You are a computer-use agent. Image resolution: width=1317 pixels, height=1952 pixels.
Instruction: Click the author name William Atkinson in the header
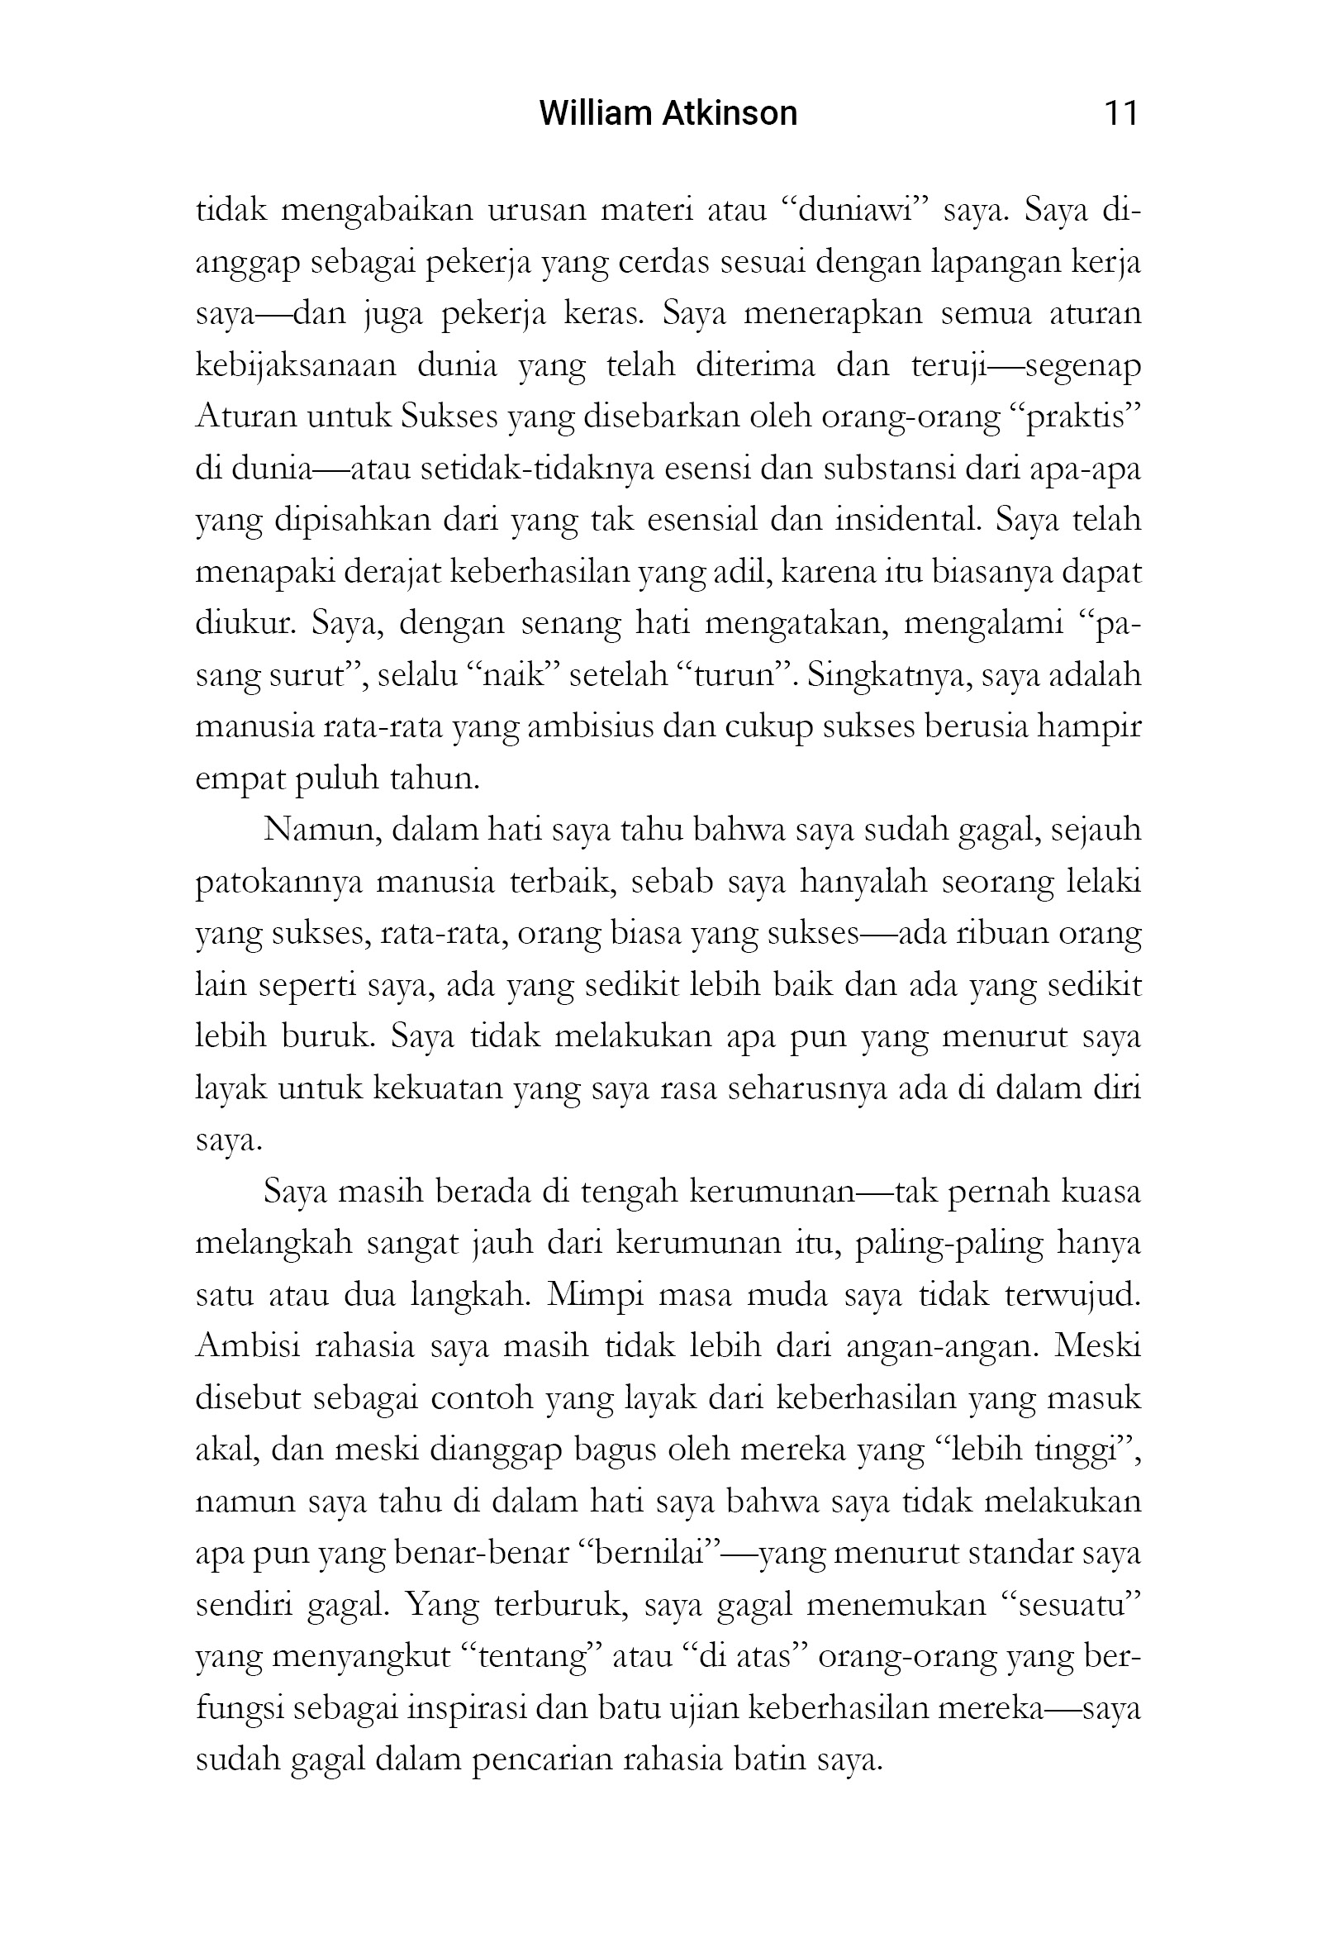[668, 112]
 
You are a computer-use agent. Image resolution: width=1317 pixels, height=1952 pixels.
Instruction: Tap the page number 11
[1120, 112]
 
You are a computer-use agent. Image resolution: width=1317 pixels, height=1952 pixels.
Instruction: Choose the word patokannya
[279, 883]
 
